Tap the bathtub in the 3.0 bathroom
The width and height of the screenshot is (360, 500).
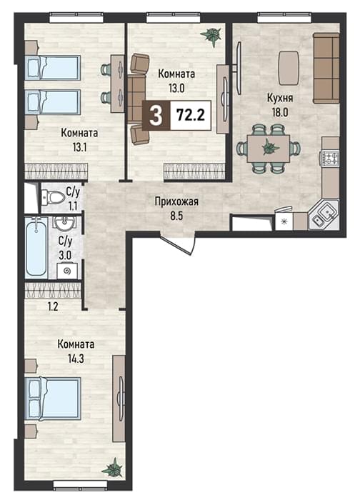36,247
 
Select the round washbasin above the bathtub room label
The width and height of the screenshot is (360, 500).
64,222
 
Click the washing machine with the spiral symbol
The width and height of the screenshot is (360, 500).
67,271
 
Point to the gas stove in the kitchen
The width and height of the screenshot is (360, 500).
329,159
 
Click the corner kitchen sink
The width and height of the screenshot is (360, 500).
324,214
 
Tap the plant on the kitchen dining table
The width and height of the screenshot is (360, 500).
270,147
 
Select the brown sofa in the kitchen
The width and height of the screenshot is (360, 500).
326,68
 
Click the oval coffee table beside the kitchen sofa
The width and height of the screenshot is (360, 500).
289,68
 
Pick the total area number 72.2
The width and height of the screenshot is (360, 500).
191,114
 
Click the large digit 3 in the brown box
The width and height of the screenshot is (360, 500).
156,116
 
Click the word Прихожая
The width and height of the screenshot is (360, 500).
176,201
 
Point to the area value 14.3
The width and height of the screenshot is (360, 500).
76,359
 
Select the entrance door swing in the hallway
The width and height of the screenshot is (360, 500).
179,242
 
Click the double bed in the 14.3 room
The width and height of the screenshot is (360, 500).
54,398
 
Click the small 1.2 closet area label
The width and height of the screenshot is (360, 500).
53,306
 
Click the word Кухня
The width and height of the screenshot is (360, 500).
280,99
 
